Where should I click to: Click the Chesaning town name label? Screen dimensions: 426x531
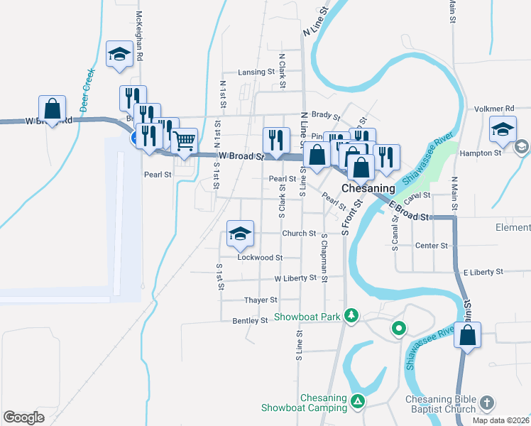(x=368, y=188)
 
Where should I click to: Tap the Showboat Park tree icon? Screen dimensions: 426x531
(x=351, y=315)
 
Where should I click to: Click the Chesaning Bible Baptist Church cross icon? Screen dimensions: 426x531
(x=486, y=403)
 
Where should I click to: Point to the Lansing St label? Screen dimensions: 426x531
(x=256, y=72)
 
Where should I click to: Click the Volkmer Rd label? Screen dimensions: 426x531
(x=496, y=109)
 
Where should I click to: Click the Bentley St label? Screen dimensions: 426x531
(x=250, y=321)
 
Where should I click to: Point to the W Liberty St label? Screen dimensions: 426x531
(x=295, y=278)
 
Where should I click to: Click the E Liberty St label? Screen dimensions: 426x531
(x=483, y=272)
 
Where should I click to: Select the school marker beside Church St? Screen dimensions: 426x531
(x=240, y=234)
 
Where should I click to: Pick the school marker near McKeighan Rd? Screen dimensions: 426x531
(x=119, y=54)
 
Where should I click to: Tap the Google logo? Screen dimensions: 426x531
(x=23, y=417)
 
